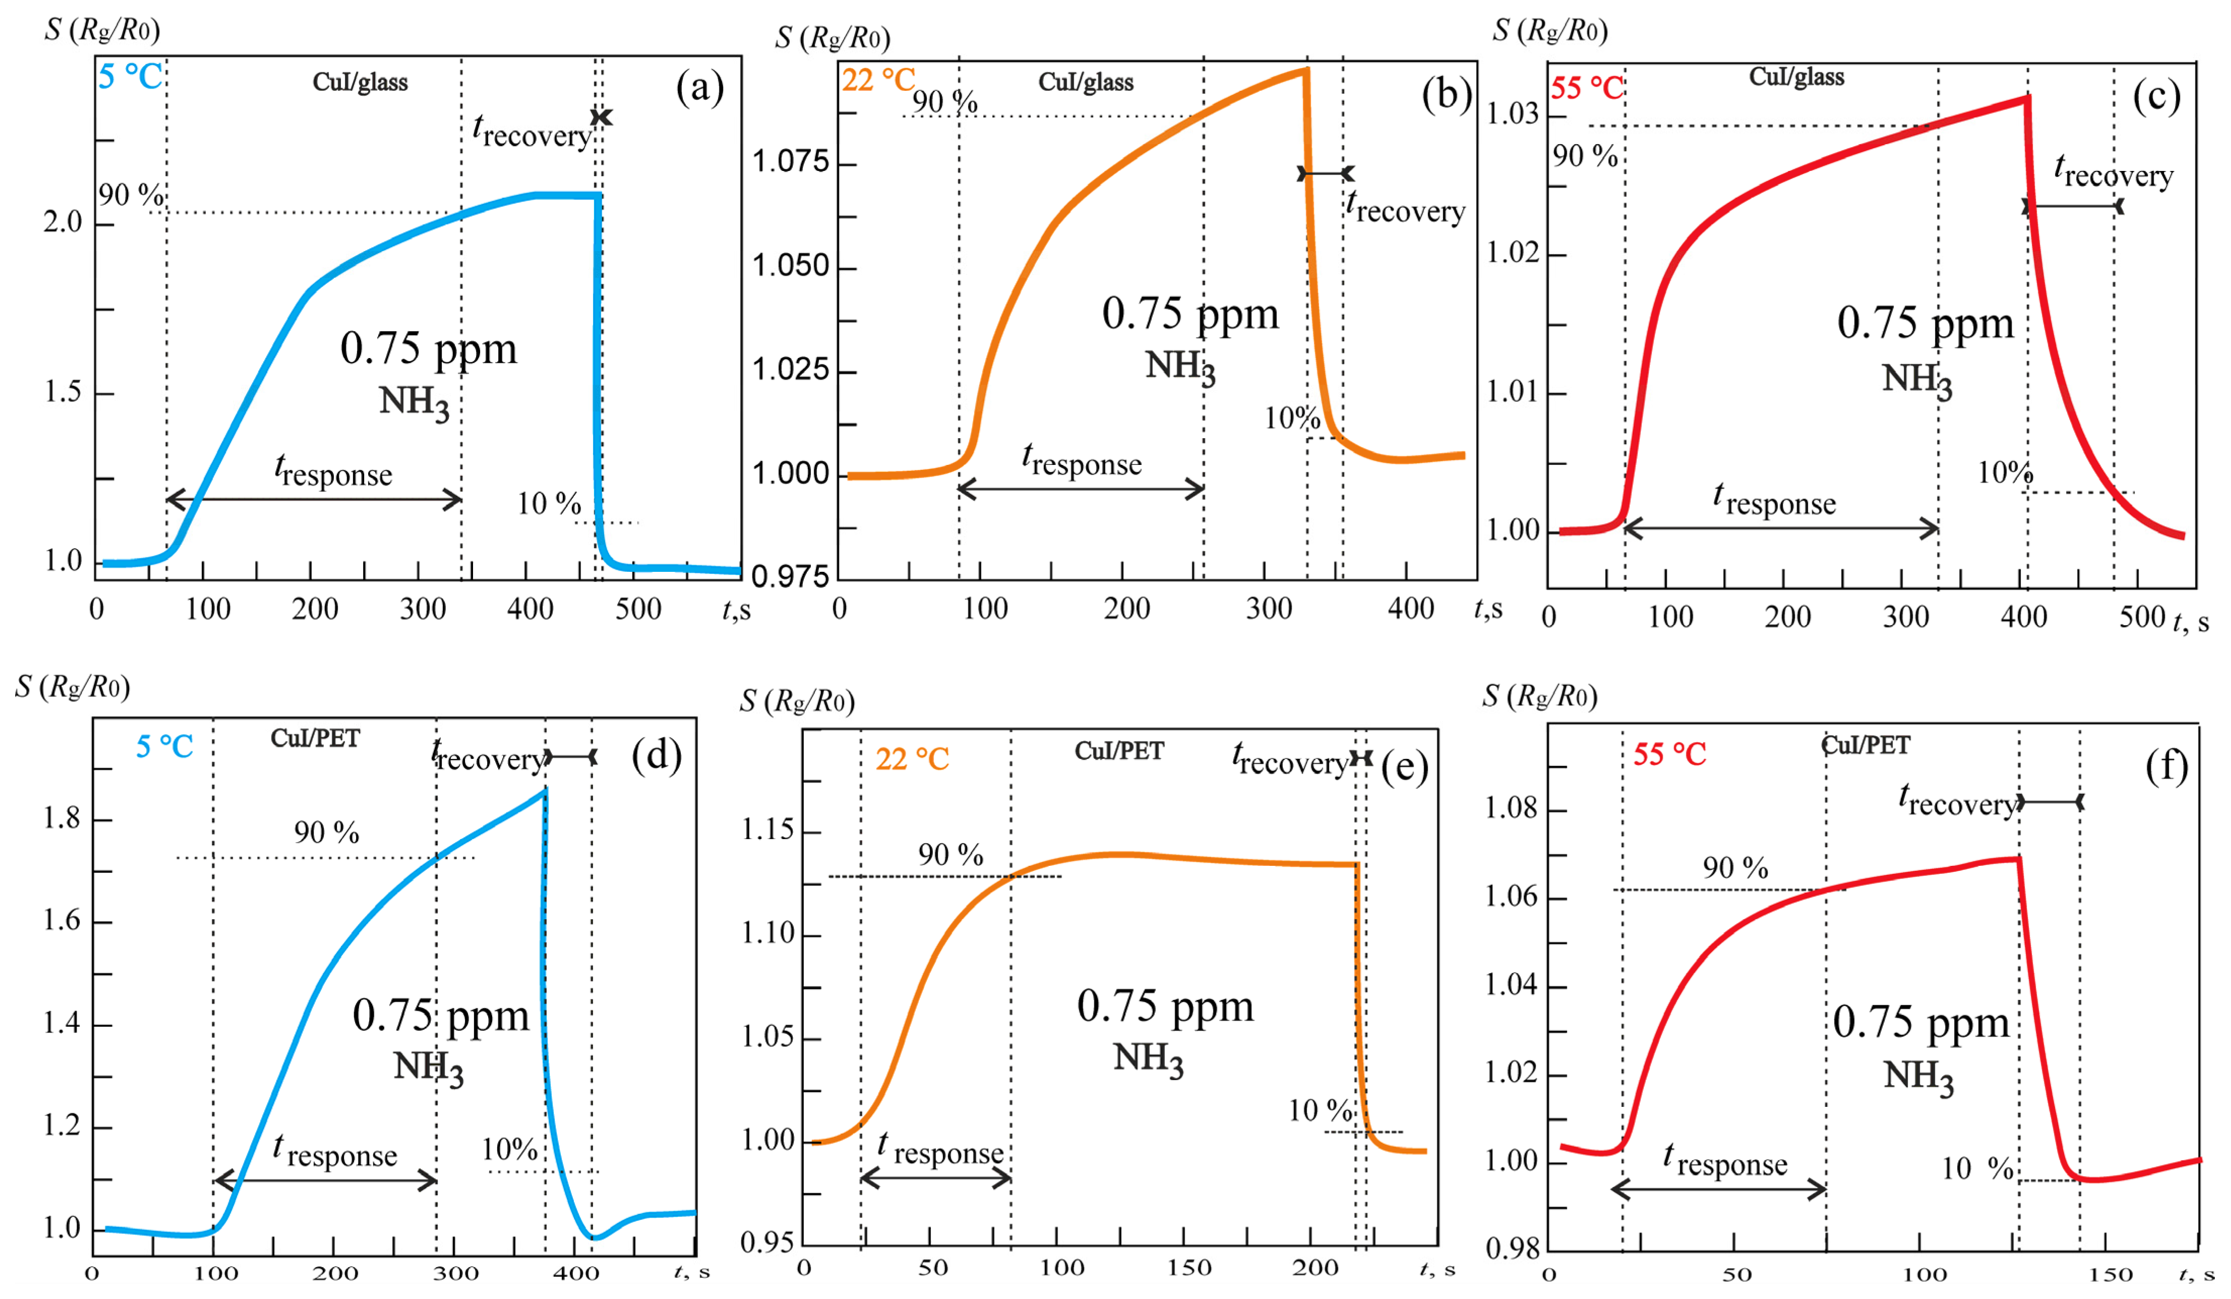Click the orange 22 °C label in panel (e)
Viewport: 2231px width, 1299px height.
[x=912, y=759]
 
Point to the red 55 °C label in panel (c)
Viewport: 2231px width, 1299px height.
[x=1588, y=88]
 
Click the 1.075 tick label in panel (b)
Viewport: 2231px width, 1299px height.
[x=791, y=162]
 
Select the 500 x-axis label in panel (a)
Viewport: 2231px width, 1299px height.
[x=637, y=609]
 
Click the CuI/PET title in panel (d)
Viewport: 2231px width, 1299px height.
[x=315, y=738]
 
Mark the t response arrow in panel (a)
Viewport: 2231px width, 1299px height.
[x=314, y=499]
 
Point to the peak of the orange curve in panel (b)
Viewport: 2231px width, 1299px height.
[x=1305, y=70]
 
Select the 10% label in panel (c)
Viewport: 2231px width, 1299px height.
[x=2005, y=473]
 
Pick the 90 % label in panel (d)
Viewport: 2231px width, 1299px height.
[x=327, y=833]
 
